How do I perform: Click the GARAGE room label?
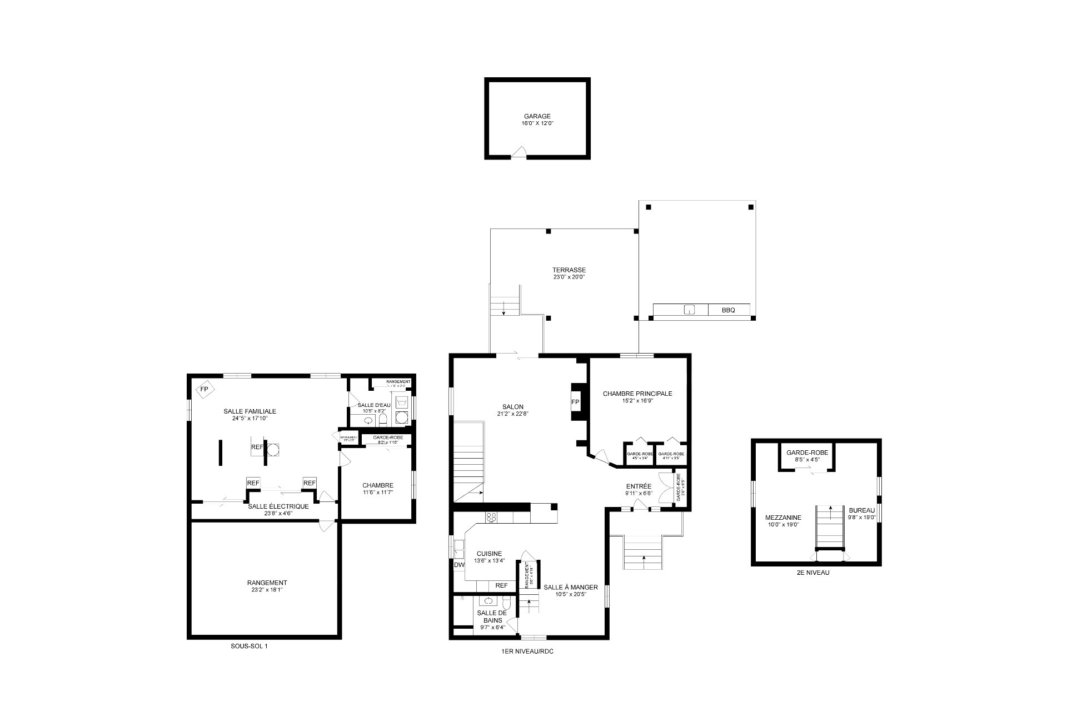(537, 116)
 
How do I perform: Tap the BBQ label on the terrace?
(728, 310)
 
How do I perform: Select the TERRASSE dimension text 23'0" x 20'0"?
(569, 277)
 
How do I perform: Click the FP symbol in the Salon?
(575, 402)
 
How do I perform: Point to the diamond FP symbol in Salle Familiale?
(205, 389)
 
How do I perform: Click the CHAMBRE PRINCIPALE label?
(637, 394)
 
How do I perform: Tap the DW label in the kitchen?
(459, 565)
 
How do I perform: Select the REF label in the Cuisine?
(501, 585)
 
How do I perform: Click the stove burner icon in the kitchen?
(491, 517)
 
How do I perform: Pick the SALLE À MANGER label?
(570, 587)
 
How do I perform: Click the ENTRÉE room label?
(639, 486)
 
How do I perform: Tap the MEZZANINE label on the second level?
(783, 517)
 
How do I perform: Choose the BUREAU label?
(861, 510)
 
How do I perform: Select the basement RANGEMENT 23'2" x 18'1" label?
(267, 583)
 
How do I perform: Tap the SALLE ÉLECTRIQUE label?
(278, 506)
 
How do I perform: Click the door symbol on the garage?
(518, 152)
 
